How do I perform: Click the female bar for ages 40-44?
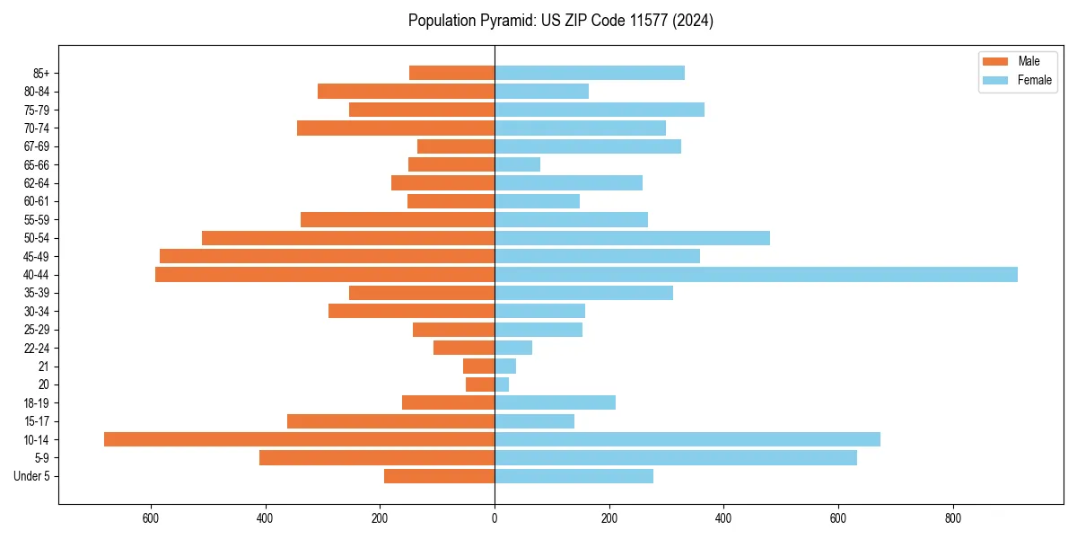756,274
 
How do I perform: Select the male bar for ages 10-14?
299,439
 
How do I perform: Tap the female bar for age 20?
502,384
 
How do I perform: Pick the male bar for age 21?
478,366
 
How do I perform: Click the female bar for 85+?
590,73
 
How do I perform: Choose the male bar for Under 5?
439,476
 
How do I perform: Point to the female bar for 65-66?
517,164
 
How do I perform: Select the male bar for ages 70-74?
396,128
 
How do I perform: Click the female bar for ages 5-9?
676,457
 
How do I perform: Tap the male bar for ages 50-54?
348,238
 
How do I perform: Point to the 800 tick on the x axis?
953,518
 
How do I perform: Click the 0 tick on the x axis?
495,518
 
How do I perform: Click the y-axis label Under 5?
31,476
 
